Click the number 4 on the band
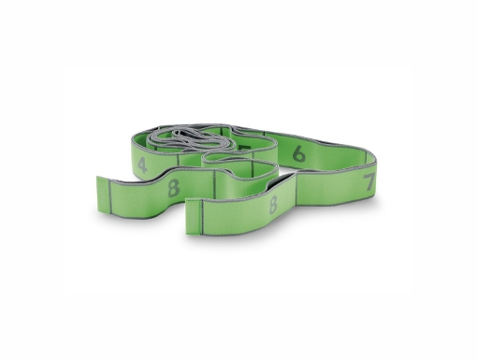(141, 166)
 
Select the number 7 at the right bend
(369, 180)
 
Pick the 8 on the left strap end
(172, 186)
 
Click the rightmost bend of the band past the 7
(383, 177)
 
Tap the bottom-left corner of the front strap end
(189, 230)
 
